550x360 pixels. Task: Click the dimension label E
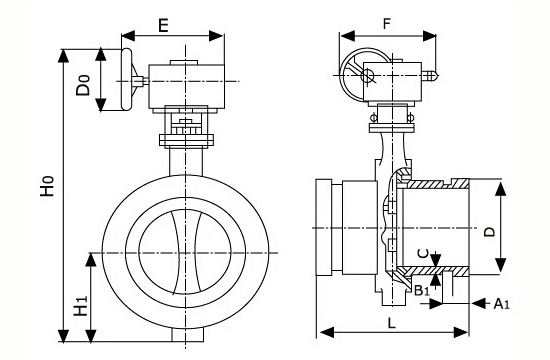[x=163, y=25]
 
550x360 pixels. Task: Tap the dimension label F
[x=386, y=24]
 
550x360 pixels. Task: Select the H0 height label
[x=47, y=186]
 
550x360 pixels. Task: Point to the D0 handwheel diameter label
[x=83, y=85]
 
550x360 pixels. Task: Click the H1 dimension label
[x=81, y=306]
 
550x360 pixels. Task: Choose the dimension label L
[x=392, y=323]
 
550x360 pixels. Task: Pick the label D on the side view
[x=489, y=232]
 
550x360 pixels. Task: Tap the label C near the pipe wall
[x=424, y=253]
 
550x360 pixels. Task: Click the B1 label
[x=422, y=291]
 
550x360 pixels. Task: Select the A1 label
[x=502, y=304]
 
